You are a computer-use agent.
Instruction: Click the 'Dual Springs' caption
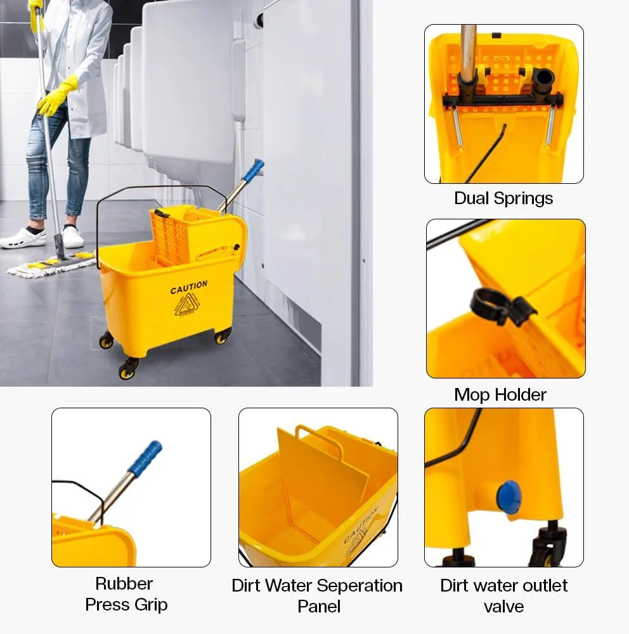(x=503, y=198)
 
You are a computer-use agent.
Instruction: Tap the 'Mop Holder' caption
(x=500, y=394)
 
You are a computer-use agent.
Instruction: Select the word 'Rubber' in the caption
(x=124, y=583)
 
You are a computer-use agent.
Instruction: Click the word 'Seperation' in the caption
(x=359, y=586)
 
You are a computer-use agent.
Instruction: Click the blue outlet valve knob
(x=509, y=497)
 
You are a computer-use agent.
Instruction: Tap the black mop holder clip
(x=502, y=306)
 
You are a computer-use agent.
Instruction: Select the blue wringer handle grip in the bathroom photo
(x=253, y=169)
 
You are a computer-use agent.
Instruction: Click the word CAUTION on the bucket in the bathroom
(x=189, y=287)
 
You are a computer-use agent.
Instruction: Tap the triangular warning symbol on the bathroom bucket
(x=187, y=305)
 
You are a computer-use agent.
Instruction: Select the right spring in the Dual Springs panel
(x=550, y=124)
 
